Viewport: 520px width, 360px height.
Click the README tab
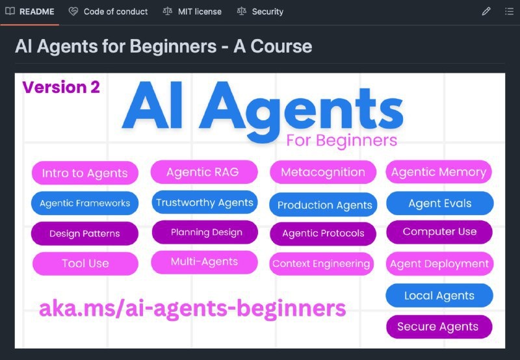click(x=30, y=12)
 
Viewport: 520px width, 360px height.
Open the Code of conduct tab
click(x=109, y=12)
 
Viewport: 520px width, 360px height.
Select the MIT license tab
click(x=192, y=12)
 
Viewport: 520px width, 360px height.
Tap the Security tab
click(x=261, y=12)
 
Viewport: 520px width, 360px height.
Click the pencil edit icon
click(x=486, y=12)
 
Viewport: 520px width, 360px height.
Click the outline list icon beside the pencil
click(x=509, y=12)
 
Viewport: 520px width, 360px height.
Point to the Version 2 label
click(x=61, y=88)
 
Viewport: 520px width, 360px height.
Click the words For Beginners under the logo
click(x=341, y=140)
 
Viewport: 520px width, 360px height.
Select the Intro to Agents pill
click(x=84, y=174)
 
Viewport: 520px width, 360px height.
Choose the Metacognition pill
click(x=323, y=172)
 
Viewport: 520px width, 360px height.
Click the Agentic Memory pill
click(x=439, y=172)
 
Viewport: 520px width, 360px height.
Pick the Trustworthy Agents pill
click(x=204, y=203)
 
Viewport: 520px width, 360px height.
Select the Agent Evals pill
click(x=439, y=203)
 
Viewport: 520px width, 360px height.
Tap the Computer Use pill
click(x=439, y=232)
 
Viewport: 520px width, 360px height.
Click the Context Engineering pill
click(x=321, y=264)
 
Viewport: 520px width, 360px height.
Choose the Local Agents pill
click(x=439, y=296)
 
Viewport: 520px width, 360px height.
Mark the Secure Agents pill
click(x=438, y=327)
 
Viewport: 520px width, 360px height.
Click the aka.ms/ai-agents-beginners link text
click(x=192, y=308)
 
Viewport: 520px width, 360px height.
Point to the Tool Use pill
click(x=85, y=264)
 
